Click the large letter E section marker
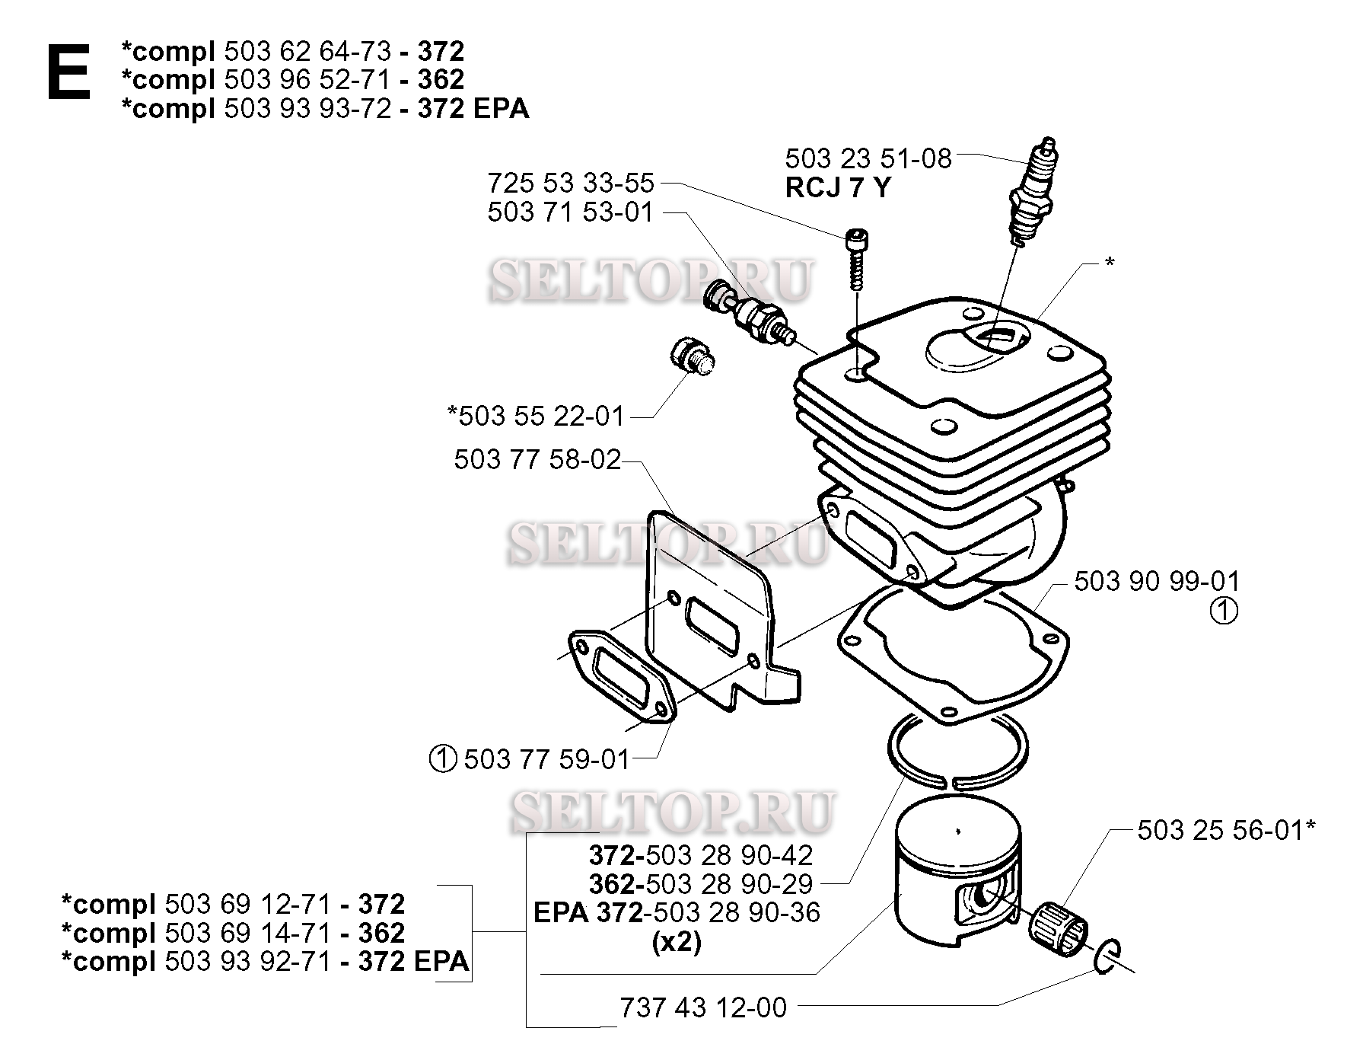(68, 73)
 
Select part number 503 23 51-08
(868, 158)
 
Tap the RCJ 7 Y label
(837, 187)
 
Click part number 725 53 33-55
(571, 183)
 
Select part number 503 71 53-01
(571, 212)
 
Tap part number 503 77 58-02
(537, 460)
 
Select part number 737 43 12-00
(703, 1007)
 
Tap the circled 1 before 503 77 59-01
(443, 758)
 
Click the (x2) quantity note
(677, 942)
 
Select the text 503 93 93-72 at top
(308, 109)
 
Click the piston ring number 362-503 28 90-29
(700, 884)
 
